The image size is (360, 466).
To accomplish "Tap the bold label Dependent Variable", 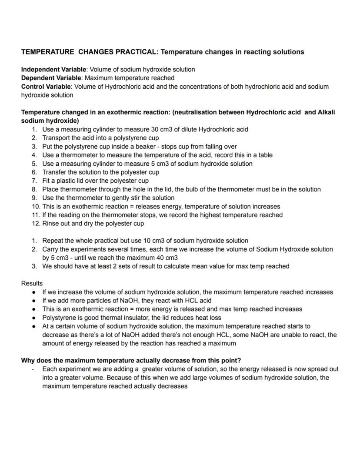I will pos(51,78).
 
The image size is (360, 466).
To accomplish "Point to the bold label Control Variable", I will pos(46,87).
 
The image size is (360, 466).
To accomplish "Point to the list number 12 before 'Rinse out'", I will pos(35,224).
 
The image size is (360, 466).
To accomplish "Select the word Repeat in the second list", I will pos(53,241).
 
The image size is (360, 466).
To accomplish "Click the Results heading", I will pos(32,283).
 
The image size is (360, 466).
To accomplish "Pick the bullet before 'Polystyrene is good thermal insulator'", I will pos(33,318).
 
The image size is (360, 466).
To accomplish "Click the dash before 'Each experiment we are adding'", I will pos(33,369).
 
